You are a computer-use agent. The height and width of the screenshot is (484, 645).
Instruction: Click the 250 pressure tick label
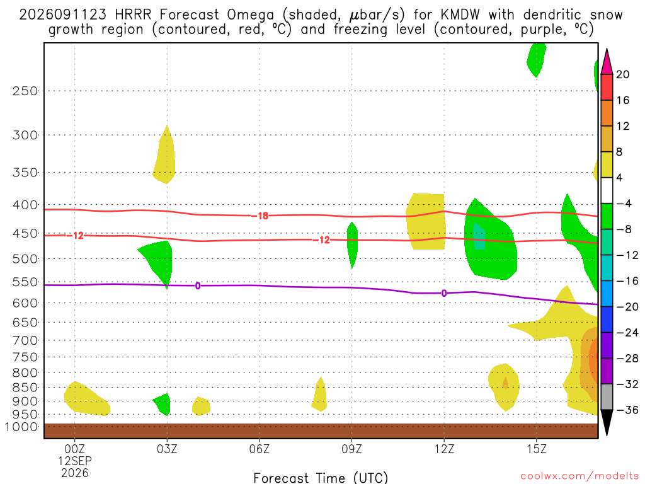(25, 91)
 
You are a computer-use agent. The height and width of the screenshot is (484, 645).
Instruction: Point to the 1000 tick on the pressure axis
(21, 427)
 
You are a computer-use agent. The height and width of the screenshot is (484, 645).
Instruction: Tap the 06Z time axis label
(260, 449)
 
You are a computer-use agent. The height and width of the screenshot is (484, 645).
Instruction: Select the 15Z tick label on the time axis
(537, 449)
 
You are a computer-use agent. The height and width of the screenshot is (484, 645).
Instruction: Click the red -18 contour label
(260, 216)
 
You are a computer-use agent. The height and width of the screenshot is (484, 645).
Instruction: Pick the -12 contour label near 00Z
(76, 236)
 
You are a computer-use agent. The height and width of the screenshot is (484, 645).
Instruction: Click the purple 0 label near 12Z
(444, 293)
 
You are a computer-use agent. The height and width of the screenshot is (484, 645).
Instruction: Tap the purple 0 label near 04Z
(198, 285)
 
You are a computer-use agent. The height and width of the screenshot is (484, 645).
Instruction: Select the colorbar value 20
(623, 74)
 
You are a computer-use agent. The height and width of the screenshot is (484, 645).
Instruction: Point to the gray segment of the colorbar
(607, 397)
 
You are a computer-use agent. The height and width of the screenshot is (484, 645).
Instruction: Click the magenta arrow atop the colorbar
(607, 61)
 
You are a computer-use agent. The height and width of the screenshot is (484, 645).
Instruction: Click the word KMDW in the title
(460, 15)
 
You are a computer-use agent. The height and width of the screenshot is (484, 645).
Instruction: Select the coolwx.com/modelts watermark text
(580, 476)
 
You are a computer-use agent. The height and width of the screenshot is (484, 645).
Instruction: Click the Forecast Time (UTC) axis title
(321, 478)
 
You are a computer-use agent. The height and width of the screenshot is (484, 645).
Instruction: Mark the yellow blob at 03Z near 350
(164, 155)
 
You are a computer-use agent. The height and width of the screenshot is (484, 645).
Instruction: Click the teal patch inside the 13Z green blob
(479, 236)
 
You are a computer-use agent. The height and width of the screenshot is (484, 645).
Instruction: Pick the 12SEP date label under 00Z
(75, 461)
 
